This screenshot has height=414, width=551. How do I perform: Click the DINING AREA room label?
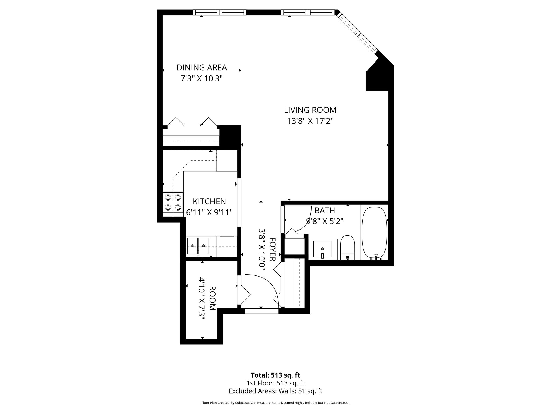click(202, 67)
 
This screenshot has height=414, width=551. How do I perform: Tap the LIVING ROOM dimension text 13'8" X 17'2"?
click(310, 121)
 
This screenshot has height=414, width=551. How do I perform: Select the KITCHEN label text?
click(209, 201)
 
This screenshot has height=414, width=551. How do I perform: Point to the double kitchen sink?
click(198, 246)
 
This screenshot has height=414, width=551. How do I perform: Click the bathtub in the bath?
click(375, 233)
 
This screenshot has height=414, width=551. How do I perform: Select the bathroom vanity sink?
click(322, 249)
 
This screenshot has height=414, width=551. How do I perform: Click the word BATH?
click(324, 210)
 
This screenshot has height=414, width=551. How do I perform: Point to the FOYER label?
click(272, 249)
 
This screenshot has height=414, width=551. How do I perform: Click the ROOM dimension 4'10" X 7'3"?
click(202, 298)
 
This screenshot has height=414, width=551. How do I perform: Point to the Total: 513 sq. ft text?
click(275, 375)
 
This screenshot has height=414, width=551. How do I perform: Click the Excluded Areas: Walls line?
click(275, 391)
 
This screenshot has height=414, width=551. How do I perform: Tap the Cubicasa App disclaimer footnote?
click(275, 403)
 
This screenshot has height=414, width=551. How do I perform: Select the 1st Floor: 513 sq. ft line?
click(275, 383)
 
